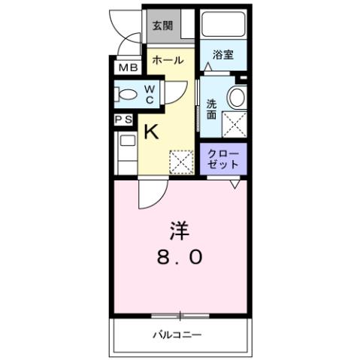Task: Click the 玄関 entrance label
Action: tap(162, 26)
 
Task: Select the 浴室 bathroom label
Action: tap(223, 54)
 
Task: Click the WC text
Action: tap(150, 95)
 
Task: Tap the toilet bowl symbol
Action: tap(128, 95)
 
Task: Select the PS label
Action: tap(124, 119)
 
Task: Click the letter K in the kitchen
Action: tap(151, 132)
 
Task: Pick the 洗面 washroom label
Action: tap(212, 110)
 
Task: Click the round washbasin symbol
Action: tap(237, 96)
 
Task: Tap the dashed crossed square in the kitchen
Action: tap(181, 162)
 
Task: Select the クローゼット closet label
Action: tap(223, 159)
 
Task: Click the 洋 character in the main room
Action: tap(180, 227)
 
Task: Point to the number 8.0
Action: tap(180, 257)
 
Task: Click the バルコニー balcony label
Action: tap(179, 334)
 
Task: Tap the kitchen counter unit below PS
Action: tap(126, 150)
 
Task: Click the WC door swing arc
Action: tap(173, 92)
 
